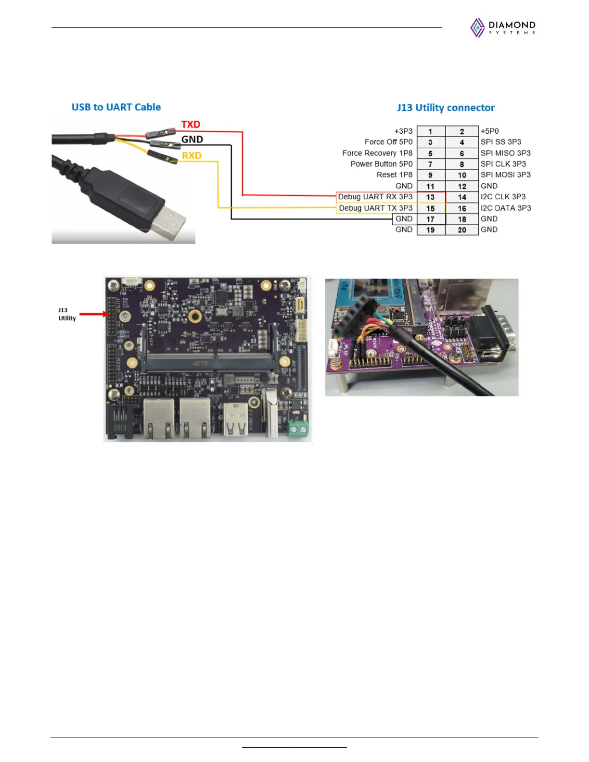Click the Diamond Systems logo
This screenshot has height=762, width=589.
[x=503, y=28]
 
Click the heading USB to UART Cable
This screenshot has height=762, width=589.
[x=116, y=107]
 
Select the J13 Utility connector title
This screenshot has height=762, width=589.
[x=446, y=108]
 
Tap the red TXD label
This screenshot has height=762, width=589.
[x=191, y=125]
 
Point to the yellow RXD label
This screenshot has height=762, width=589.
[x=192, y=156]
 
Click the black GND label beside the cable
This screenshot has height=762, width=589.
[x=192, y=140]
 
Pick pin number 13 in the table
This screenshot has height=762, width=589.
[x=431, y=197]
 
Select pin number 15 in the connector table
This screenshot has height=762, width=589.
[x=431, y=208]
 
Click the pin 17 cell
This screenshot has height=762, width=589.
[x=431, y=219]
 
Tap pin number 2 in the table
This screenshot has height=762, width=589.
[x=462, y=131]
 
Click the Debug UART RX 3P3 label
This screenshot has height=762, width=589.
[x=375, y=197]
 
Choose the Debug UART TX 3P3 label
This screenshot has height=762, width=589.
[x=376, y=208]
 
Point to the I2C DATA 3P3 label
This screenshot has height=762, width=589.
[x=506, y=208]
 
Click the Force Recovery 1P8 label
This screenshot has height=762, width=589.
[x=377, y=153]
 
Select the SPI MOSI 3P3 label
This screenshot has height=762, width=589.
[x=505, y=175]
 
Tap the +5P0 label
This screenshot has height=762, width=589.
[x=489, y=131]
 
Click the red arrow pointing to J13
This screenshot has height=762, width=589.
[x=94, y=315]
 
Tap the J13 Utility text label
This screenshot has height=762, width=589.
[x=67, y=314]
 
